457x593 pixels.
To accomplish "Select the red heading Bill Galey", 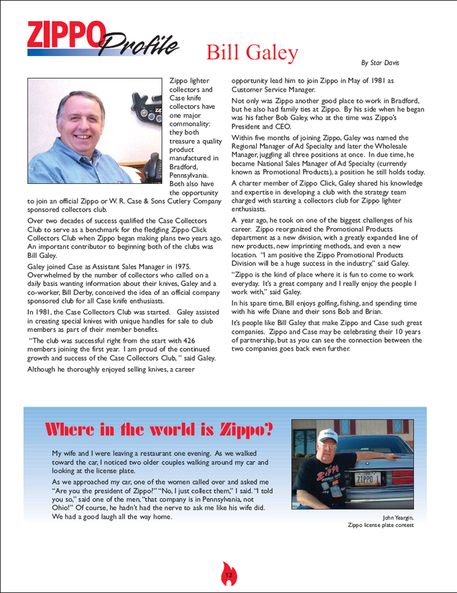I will tap(252, 53).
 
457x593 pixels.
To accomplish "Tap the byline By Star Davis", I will tap(380, 63).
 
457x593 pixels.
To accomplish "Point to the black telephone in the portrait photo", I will tap(152, 166).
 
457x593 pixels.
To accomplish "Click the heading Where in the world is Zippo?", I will tap(159, 429).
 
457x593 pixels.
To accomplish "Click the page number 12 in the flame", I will tap(229, 575).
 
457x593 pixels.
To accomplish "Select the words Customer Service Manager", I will tap(274, 89).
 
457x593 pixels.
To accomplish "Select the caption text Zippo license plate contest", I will tap(380, 525).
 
